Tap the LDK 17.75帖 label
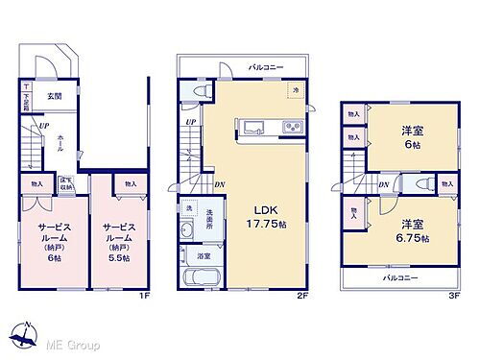(x=264, y=215)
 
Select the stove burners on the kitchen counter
(x=291, y=128)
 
